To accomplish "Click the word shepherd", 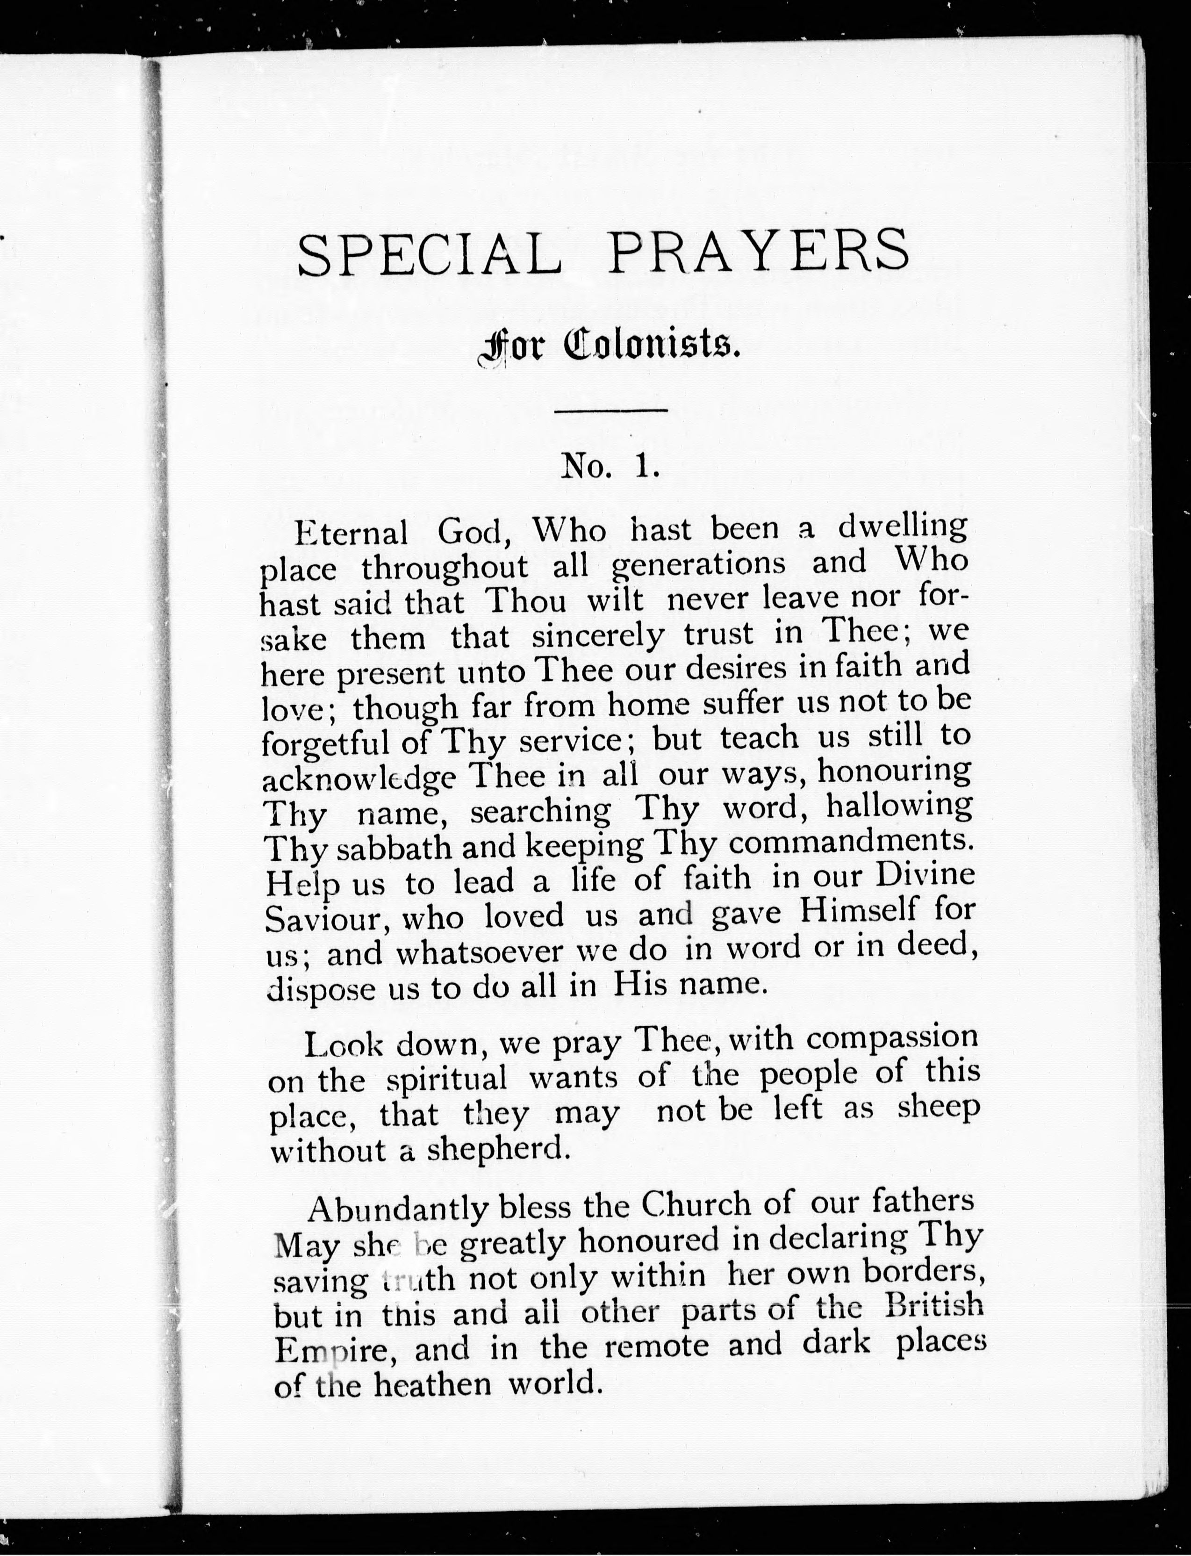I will pos(498,1148).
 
